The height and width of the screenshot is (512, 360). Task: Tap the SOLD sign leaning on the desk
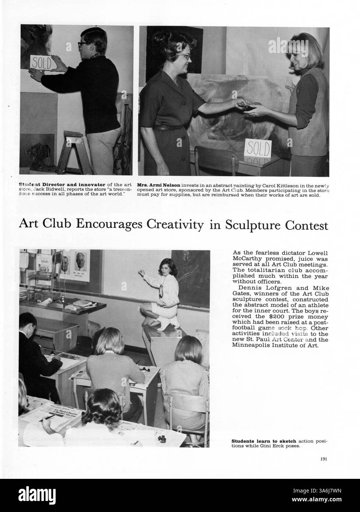[258, 148]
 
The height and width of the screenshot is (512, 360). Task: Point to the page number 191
[324, 459]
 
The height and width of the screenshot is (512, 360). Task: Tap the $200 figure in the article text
[281, 316]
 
